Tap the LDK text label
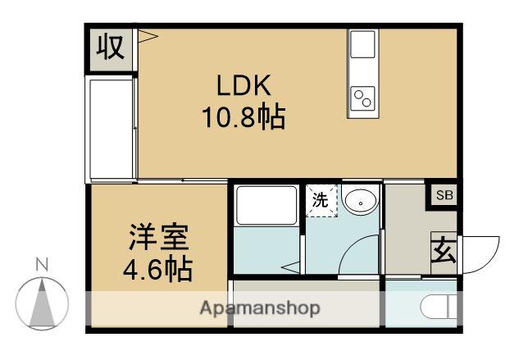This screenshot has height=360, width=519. tap(244, 85)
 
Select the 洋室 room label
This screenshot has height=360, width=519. tap(159, 238)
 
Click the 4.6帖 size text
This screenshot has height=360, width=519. tap(159, 268)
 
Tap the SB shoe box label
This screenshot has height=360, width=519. tap(444, 195)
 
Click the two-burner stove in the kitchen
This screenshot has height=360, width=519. tap(362, 98)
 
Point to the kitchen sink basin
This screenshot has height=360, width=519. tap(362, 47)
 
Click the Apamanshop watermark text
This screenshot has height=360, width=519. tap(260, 308)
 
